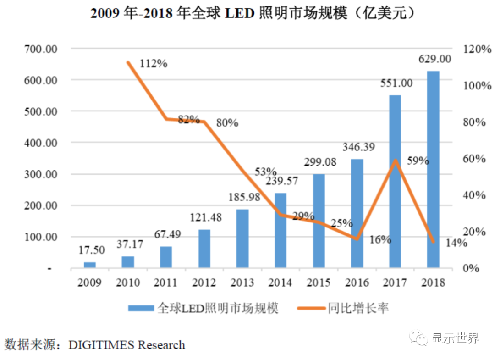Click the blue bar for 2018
click(433, 170)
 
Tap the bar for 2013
click(242, 238)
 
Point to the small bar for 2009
click(90, 265)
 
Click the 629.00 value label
click(434, 59)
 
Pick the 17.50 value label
click(90, 250)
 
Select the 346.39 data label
click(357, 147)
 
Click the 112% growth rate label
click(153, 64)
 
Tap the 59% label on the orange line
click(418, 161)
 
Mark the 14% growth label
click(456, 243)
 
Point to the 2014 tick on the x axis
click(280, 282)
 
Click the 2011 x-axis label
click(165, 282)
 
